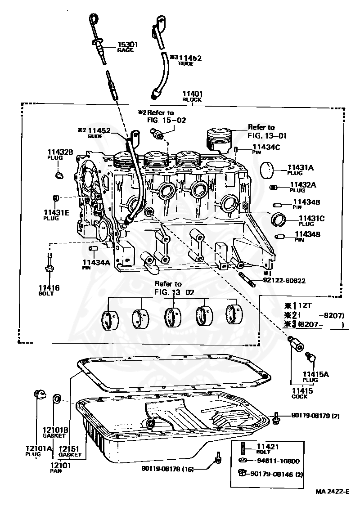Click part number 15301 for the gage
[x=128, y=45]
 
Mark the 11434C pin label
[x=266, y=147]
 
